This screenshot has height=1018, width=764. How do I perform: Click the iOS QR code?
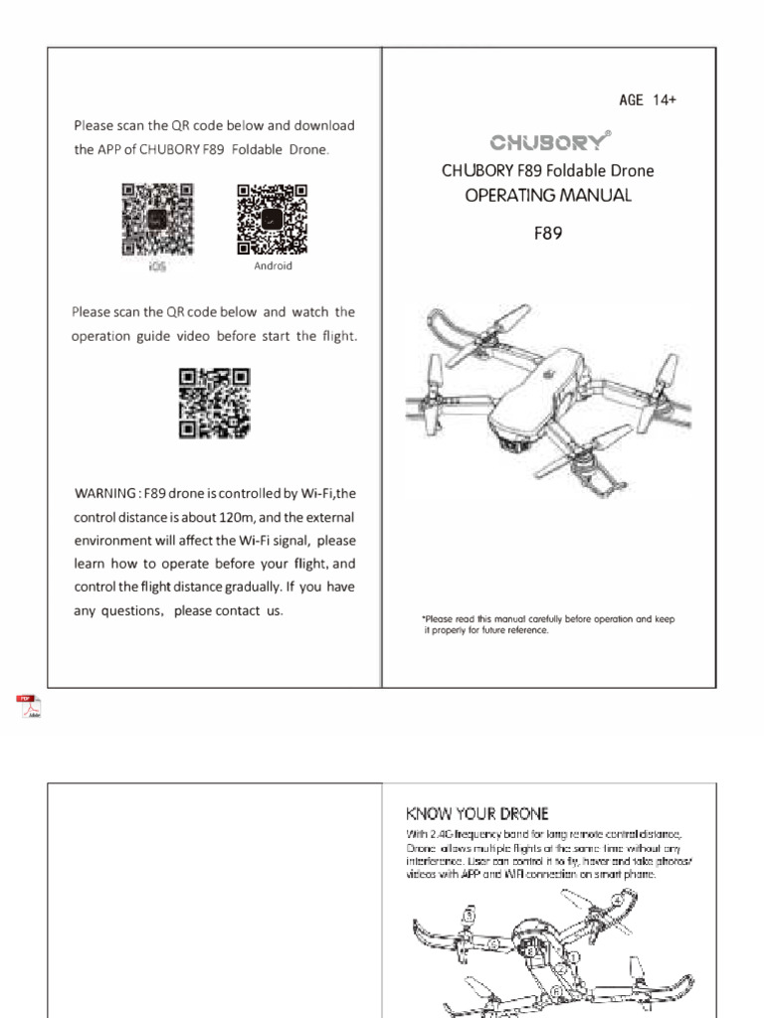pos(157,220)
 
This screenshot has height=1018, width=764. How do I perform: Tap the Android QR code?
pos(272,220)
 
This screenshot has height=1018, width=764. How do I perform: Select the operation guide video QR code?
pos(214,403)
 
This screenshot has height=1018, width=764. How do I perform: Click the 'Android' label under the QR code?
pos(273,266)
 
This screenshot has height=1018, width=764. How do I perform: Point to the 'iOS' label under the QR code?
pos(157,266)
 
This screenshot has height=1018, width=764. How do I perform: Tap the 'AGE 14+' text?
pos(648,100)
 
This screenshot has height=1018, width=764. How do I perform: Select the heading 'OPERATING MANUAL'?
pos(548,195)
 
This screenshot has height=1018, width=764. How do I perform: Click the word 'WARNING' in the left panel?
pos(105,494)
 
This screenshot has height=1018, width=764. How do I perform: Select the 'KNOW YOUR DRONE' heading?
pos(477,813)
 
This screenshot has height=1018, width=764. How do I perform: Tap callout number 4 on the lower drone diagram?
pos(618,898)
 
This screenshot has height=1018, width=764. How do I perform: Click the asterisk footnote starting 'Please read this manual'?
pos(548,624)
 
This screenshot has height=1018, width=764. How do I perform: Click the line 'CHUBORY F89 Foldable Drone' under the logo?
pos(548,171)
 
